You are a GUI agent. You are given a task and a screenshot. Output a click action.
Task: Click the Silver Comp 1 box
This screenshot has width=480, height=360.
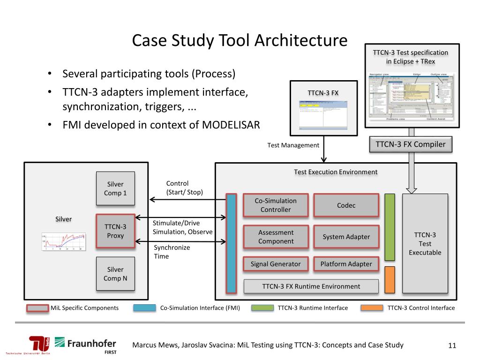[115, 188]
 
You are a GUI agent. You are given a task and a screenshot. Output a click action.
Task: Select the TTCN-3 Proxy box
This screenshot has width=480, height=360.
[115, 231]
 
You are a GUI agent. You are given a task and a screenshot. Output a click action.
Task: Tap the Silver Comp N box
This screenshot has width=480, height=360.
[115, 274]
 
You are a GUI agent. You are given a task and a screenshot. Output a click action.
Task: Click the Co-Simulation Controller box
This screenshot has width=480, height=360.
[276, 205]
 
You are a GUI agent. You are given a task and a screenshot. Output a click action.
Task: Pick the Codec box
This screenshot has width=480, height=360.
[346, 205]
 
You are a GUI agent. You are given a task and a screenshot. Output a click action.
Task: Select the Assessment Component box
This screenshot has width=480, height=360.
[276, 237]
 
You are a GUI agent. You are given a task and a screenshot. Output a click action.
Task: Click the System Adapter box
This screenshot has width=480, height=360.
[346, 237]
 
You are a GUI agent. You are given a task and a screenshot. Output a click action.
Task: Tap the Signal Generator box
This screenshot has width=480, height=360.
[276, 264]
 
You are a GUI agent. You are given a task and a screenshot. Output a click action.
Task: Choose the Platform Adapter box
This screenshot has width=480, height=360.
[346, 264]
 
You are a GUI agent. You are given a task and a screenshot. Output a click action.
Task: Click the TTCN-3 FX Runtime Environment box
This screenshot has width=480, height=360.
[311, 286]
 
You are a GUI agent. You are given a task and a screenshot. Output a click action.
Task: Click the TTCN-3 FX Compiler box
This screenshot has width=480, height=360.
[411, 144]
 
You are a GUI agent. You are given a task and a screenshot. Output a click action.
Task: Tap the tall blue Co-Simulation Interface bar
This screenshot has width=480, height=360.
[232, 243]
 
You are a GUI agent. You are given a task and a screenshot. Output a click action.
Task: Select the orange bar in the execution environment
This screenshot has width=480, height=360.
[390, 279]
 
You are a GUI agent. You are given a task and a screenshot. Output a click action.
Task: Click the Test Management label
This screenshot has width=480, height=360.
[293, 145]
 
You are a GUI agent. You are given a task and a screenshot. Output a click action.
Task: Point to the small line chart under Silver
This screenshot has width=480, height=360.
[64, 242]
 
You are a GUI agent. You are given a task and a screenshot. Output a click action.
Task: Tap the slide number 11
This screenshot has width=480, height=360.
[452, 346]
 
